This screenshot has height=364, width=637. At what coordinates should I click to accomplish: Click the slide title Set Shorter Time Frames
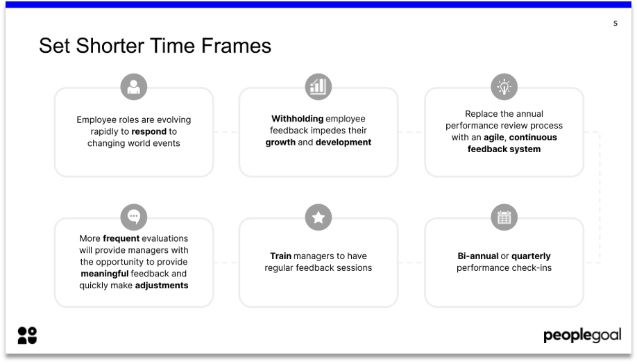[155, 46]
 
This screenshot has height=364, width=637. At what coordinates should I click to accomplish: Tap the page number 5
[615, 24]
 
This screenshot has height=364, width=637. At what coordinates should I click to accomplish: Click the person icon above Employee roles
[133, 87]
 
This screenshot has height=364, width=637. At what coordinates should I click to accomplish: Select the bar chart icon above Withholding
[318, 87]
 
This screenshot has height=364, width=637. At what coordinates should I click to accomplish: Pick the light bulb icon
[504, 87]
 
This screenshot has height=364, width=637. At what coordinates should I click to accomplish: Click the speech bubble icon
[133, 217]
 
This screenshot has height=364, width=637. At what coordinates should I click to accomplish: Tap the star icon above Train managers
[318, 217]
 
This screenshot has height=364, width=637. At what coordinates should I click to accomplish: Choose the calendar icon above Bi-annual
[504, 217]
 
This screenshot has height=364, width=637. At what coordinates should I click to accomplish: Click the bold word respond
[149, 131]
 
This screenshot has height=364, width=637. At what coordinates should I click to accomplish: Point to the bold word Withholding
[296, 119]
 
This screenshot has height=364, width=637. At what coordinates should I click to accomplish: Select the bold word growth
[280, 142]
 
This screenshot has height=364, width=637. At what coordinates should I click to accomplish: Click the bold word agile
[493, 138]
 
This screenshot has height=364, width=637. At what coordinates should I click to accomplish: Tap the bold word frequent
[121, 238]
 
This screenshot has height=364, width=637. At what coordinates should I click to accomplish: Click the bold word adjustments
[161, 286]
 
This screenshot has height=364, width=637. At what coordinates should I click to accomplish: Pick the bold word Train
[280, 256]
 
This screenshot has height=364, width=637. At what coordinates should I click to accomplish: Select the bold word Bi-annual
[477, 256]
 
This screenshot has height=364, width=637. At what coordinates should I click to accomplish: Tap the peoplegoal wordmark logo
[581, 336]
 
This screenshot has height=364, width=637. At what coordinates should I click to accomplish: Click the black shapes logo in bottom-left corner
[27, 336]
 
